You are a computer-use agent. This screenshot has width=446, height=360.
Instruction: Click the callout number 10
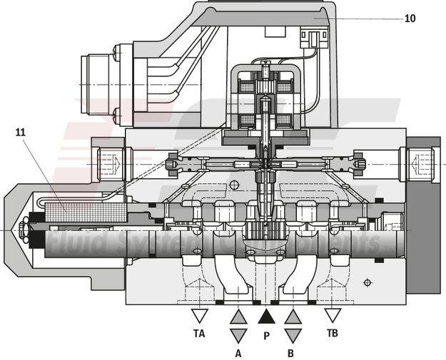tap(410, 19)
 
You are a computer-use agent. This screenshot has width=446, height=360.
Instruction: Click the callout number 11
tap(21, 131)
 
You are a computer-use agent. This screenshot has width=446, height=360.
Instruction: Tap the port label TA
tap(200, 332)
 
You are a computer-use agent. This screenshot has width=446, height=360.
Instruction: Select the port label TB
tap(332, 332)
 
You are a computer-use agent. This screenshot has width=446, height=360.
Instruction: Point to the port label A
tap(238, 352)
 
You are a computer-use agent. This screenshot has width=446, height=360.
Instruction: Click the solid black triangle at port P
tap(266, 316)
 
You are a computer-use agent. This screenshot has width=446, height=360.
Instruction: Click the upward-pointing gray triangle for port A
tap(238, 316)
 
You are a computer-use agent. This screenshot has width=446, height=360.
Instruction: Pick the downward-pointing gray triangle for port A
tap(238, 335)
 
